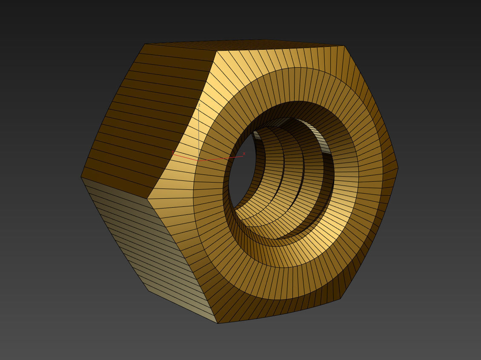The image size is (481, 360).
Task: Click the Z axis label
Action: tap(199, 105)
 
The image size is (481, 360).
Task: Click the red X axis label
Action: tap(244, 154)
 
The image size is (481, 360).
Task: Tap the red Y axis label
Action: tap(172, 152)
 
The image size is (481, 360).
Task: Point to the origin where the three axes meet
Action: tap(199, 160)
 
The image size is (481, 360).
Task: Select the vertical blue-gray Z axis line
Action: tap(199, 132)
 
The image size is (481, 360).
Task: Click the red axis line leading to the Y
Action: tap(185, 157)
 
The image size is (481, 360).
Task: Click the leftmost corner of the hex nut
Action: tap(81, 177)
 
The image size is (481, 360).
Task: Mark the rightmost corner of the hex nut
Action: tap(398, 168)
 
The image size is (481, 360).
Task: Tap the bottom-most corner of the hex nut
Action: tap(218, 323)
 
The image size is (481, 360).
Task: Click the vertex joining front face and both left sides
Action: tap(148, 198)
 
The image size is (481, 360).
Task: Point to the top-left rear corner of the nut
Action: tap(145, 44)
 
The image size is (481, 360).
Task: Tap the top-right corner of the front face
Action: tap(344, 46)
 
